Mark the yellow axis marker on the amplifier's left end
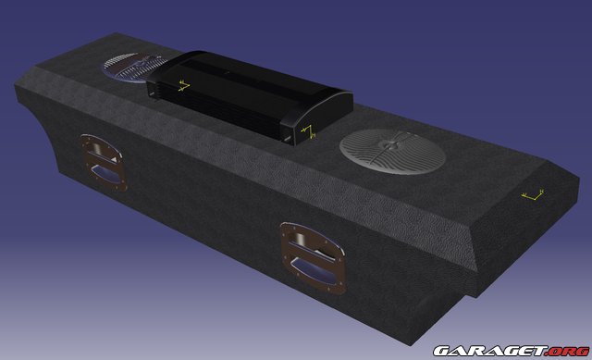(183, 87)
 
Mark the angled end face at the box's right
(518, 231)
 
